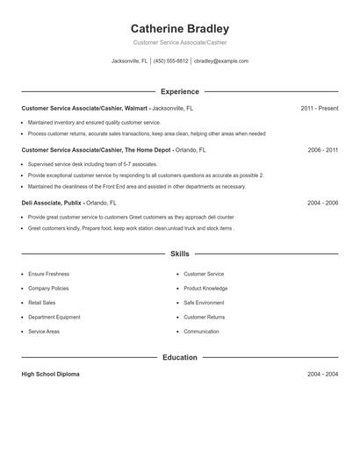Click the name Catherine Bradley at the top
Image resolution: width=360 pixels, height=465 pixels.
[179, 29]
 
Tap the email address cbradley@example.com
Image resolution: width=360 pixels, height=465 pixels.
[221, 61]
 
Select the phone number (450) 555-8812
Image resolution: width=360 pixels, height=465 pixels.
[171, 61]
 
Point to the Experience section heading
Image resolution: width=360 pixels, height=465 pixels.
[179, 91]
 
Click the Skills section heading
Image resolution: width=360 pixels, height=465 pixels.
[179, 254]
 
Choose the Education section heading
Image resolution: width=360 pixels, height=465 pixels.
[179, 357]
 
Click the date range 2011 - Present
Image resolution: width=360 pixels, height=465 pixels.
[319, 108]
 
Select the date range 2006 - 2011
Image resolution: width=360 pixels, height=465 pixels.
[322, 150]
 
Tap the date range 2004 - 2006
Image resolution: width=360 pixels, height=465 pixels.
[322, 203]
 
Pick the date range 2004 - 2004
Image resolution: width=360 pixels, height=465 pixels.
[322, 374]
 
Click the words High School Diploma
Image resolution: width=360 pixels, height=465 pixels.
[50, 374]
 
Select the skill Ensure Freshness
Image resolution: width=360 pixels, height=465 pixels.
[48, 274]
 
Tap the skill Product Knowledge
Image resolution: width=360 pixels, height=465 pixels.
[205, 288]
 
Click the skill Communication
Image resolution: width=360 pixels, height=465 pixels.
[201, 332]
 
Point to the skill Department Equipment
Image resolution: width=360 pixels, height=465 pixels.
[54, 317]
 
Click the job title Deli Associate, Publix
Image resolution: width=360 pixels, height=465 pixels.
[52, 203]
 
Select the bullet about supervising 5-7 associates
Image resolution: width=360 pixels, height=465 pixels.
[92, 164]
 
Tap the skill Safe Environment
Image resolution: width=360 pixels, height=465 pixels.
[204, 303]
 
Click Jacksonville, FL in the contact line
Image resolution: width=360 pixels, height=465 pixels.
[130, 61]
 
